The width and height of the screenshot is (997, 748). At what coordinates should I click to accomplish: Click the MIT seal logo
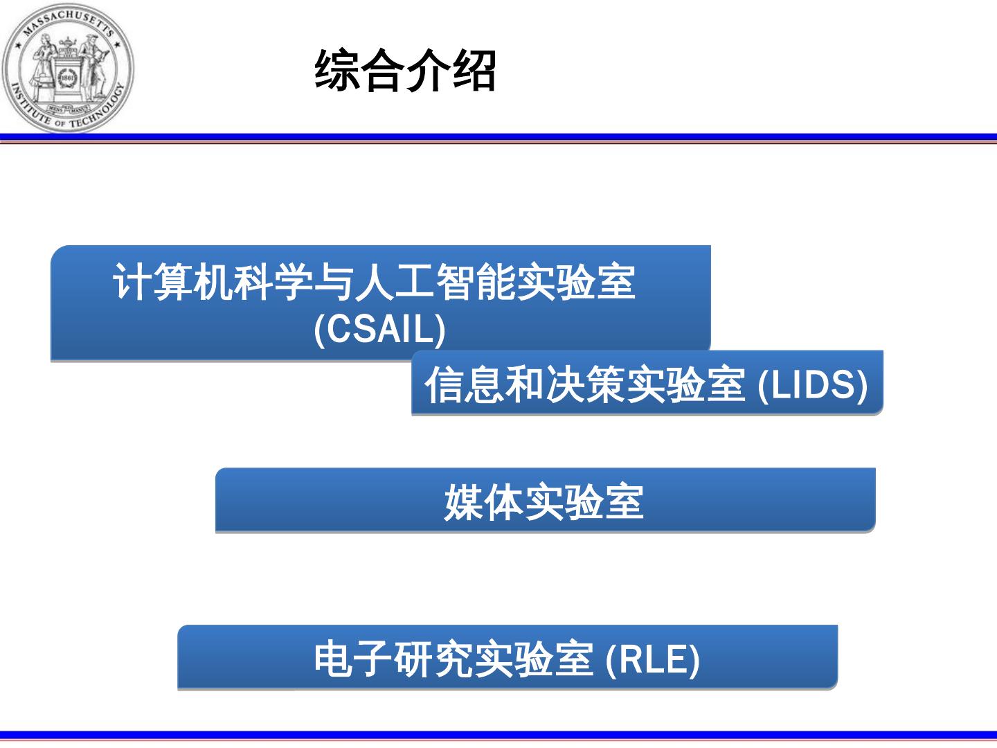67,67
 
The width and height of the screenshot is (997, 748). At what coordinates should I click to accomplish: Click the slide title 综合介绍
406,71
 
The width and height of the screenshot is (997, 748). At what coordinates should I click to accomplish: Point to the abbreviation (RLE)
653,659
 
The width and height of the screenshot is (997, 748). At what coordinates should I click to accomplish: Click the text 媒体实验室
544,502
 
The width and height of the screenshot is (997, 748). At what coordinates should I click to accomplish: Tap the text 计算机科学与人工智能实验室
374,281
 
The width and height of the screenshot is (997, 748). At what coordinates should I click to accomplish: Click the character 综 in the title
337,71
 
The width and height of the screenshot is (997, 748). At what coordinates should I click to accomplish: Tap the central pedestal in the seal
67,73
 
